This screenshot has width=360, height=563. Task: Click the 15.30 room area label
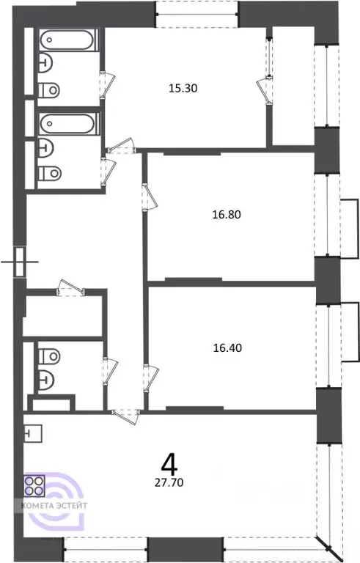click(184, 89)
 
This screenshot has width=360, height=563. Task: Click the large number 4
click(169, 464)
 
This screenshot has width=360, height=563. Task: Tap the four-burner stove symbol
click(34, 485)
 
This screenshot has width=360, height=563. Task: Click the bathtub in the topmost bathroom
click(68, 40)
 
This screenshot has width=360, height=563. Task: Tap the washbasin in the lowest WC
click(45, 380)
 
